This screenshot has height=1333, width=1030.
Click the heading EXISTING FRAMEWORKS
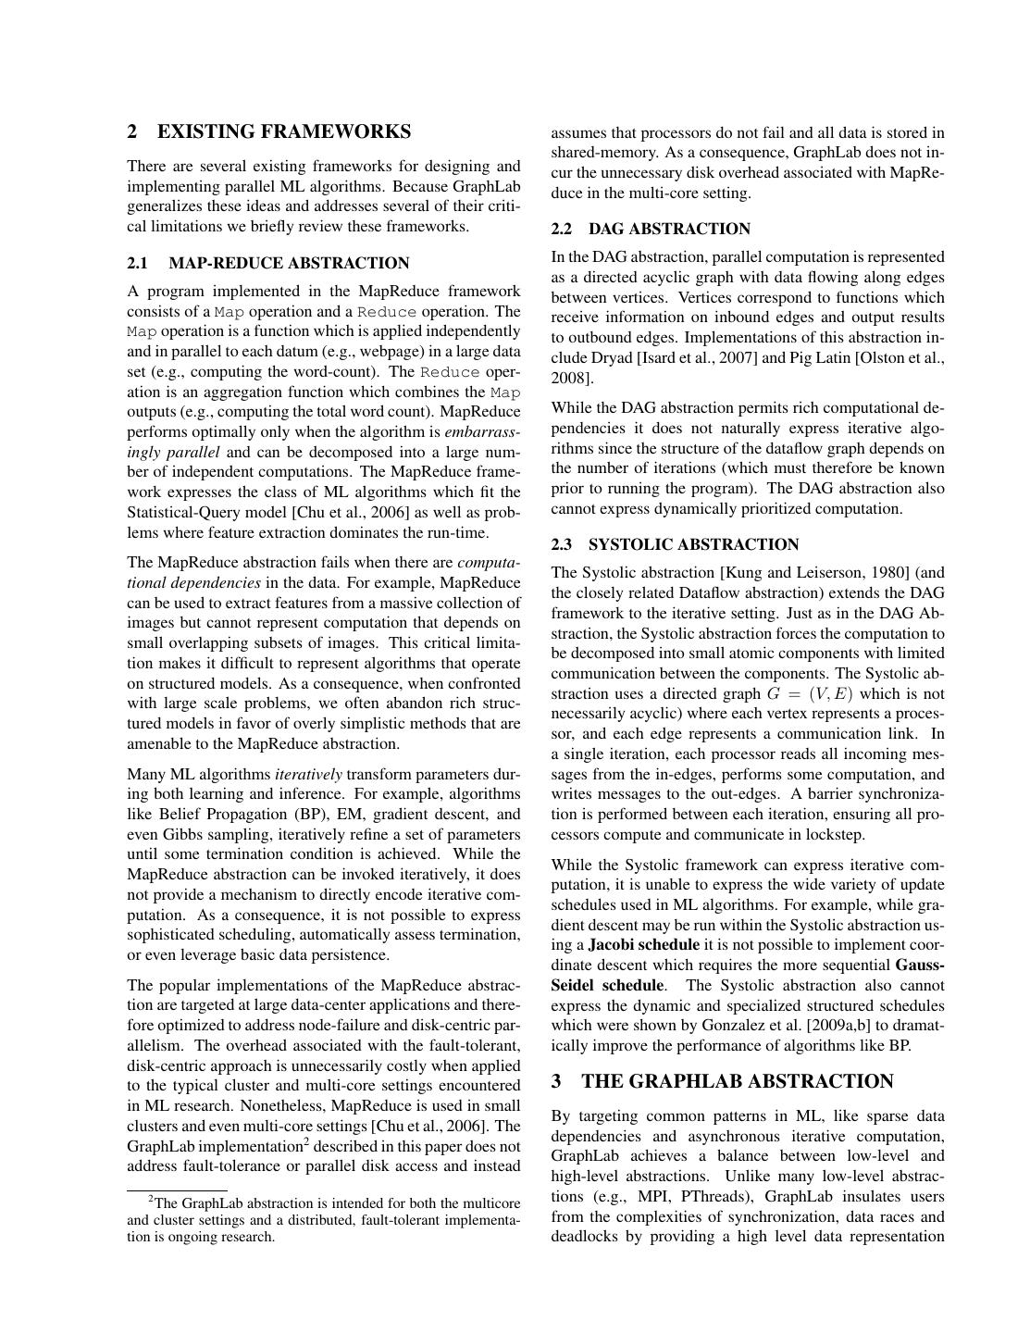[x=284, y=131]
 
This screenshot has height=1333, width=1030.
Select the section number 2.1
[x=138, y=264]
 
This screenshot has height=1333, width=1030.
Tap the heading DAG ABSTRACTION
[x=669, y=230]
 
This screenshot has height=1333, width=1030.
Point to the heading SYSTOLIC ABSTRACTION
[x=693, y=545]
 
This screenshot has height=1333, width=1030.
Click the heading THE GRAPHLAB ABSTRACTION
[x=737, y=1082]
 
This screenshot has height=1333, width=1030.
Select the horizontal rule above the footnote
[x=177, y=1190]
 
